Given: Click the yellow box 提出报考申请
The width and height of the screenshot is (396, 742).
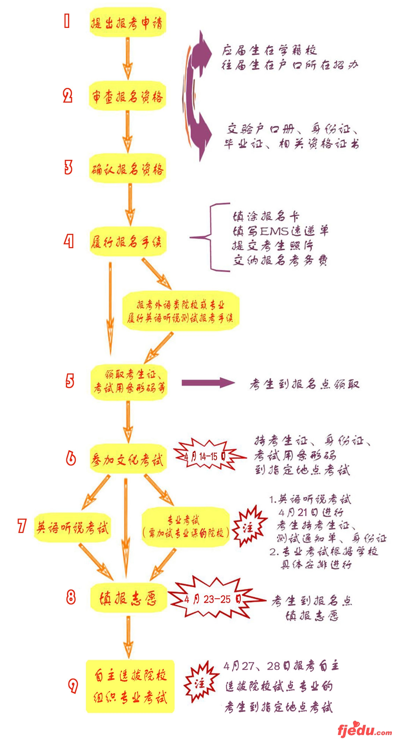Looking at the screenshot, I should pos(127,23).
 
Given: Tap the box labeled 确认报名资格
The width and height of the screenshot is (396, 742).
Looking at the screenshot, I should pos(127,169).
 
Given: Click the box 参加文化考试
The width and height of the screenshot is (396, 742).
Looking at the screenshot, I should pos(128,459).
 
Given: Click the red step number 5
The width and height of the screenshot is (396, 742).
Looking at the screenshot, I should pos(70,381).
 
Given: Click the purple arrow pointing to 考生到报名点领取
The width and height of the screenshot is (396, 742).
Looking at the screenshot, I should pos(208,383).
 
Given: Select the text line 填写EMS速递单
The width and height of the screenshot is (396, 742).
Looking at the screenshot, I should pos(280,231).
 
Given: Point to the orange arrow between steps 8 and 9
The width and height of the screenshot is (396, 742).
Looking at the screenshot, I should pos(129,637).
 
